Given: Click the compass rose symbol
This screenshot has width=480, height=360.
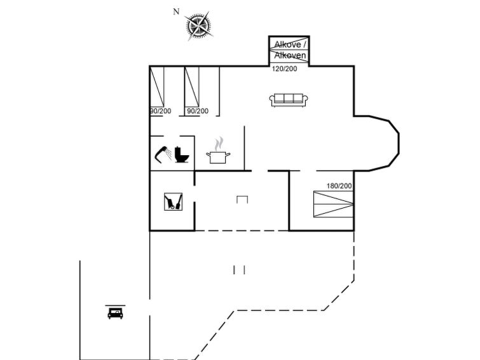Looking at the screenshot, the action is [x=199, y=26].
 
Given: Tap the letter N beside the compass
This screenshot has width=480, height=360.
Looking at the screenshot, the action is [x=176, y=11].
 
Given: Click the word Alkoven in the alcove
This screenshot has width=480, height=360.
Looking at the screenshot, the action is [x=290, y=55].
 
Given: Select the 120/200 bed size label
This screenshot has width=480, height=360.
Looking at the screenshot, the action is [x=284, y=69].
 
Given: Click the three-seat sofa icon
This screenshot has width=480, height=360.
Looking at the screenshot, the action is [x=289, y=100].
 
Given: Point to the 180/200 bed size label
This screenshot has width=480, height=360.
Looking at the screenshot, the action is [x=339, y=186].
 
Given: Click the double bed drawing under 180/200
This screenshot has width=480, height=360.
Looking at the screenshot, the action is [x=333, y=204].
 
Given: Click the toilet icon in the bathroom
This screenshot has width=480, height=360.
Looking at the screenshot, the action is [x=182, y=155].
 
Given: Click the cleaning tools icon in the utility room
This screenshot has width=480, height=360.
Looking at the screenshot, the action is [x=174, y=202].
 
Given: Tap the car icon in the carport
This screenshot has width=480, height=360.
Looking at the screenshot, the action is [x=115, y=313].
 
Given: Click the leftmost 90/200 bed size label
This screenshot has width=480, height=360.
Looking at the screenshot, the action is [x=161, y=111].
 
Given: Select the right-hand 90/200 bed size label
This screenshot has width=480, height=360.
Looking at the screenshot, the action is [x=198, y=111].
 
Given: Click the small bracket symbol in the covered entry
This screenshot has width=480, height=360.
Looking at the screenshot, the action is [x=242, y=200].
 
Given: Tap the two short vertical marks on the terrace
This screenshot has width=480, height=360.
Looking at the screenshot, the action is [x=239, y=270].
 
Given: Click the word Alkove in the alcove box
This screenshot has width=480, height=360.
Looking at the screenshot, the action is [x=288, y=45].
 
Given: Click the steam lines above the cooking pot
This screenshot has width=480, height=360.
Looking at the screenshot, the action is [x=219, y=144].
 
